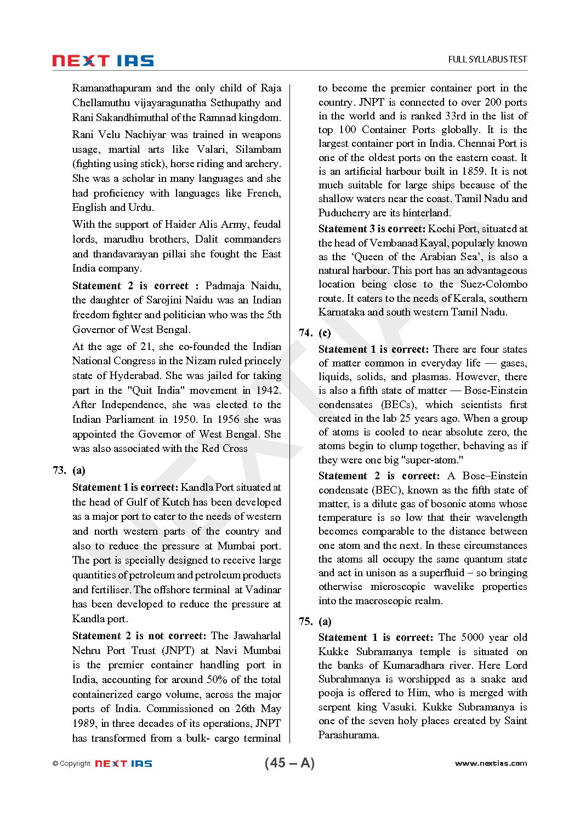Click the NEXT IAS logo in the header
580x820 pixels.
coord(103,61)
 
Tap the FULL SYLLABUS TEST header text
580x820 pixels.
coord(487,60)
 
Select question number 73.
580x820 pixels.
coord(59,471)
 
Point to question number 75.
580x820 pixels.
coord(305,622)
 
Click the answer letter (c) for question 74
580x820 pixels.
coord(325,333)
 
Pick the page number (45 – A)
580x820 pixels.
coord(289,763)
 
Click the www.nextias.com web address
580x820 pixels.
coord(491,763)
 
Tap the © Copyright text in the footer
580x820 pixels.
coord(72,764)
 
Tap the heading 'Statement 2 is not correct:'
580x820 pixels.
coord(139,636)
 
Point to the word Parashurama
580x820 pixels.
coord(349,735)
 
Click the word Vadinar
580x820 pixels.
coord(261,590)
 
